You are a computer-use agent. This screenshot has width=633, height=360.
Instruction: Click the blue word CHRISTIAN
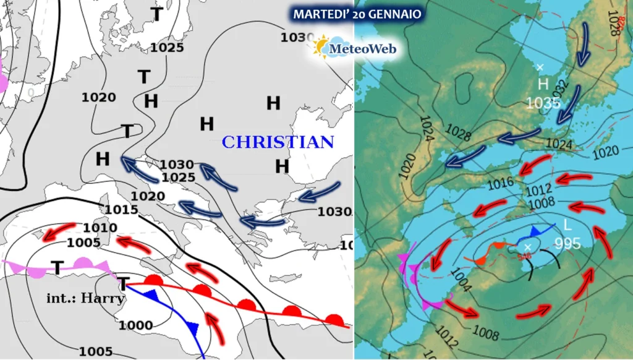tap(278, 142)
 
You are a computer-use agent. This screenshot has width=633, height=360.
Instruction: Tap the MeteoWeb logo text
tap(363, 48)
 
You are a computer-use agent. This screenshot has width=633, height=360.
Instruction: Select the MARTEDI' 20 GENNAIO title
tap(357, 14)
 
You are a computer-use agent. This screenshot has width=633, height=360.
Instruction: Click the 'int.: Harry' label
tap(86, 298)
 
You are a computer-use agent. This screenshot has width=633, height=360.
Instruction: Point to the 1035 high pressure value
tap(543, 103)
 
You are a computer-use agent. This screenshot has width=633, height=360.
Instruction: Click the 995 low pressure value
tap(567, 243)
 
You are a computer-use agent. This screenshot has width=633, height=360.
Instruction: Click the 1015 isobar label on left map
tap(121, 210)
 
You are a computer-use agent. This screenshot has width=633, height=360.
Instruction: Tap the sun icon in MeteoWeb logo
tap(321, 47)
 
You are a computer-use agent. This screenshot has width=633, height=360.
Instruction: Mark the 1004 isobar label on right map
tap(461, 278)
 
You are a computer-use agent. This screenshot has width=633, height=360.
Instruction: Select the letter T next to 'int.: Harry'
tap(124, 284)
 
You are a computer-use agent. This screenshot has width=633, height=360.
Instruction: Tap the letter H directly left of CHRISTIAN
tap(206, 124)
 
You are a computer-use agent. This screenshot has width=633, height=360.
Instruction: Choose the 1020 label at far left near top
tap(99, 97)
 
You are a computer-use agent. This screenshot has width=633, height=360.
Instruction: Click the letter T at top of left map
tap(158, 14)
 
